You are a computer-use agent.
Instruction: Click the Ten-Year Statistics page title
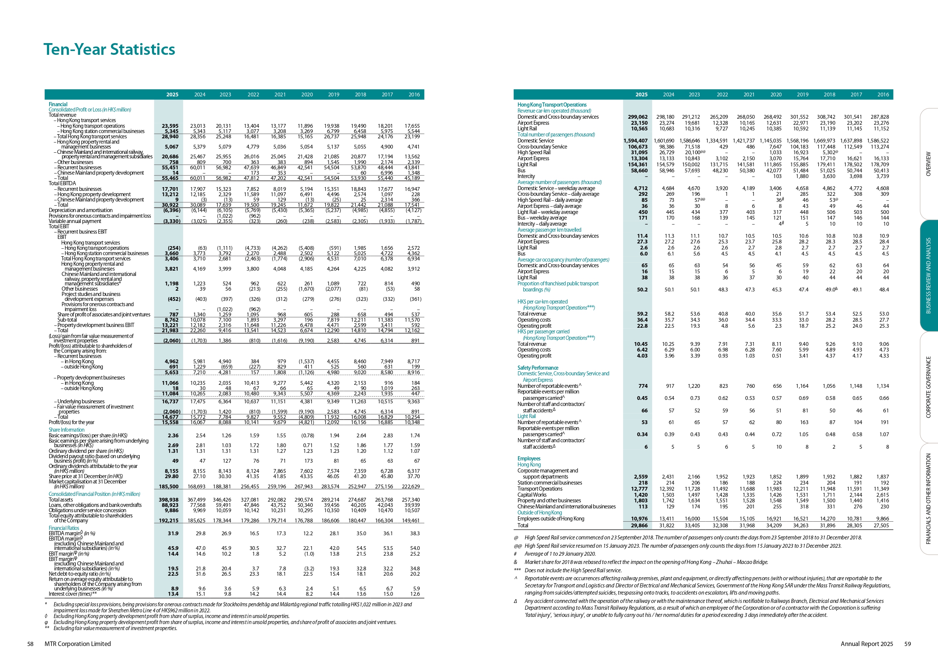tap(109, 50)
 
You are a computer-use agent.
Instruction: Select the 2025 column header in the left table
tap(172, 94)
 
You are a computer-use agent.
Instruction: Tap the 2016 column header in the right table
tap(883, 94)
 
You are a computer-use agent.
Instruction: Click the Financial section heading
tap(58, 104)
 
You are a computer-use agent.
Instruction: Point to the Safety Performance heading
tap(538, 368)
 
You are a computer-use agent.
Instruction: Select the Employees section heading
tap(529, 459)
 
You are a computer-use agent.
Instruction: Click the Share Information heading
tap(67, 430)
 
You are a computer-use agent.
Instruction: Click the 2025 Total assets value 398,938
tap(168, 500)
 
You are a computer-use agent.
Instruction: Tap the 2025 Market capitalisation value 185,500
tap(168, 486)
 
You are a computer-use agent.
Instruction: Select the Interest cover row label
tap(73, 594)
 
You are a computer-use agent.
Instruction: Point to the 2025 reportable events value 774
tap(643, 386)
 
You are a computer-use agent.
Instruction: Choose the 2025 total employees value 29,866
tap(639, 525)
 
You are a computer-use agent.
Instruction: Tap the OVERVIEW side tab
tap(928, 164)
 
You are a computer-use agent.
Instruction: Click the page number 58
tap(30, 644)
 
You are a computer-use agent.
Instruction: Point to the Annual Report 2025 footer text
tap(867, 644)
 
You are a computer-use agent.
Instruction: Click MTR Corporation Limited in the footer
tap(78, 644)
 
